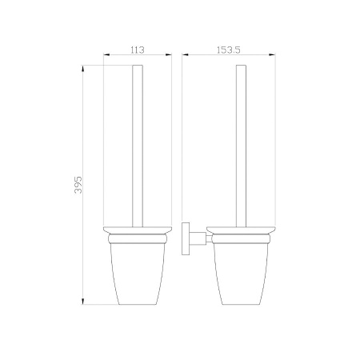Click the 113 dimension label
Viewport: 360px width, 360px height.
point(138,50)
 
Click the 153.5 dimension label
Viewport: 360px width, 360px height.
point(229,50)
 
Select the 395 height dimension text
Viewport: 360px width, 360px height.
point(78,185)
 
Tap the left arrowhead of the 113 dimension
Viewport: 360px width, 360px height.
point(106,55)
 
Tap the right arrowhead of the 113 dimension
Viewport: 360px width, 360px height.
point(169,55)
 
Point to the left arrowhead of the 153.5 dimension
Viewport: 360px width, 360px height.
point(186,55)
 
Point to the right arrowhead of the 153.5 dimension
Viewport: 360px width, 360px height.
point(272,55)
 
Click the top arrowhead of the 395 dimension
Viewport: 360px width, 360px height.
point(83,68)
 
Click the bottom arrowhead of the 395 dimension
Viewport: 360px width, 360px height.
point(83,301)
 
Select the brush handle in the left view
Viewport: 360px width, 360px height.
point(138,146)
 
